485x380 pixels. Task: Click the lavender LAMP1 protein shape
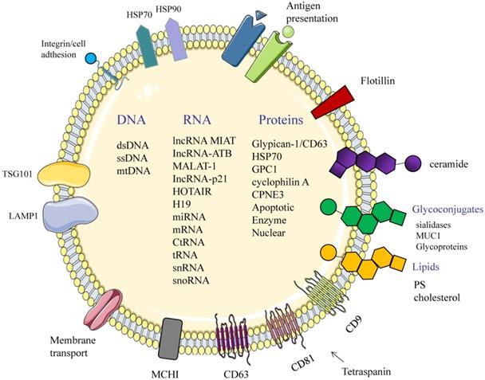69,216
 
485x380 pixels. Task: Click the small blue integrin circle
91,58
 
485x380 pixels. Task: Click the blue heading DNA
131,121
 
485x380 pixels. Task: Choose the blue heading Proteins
280,121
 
